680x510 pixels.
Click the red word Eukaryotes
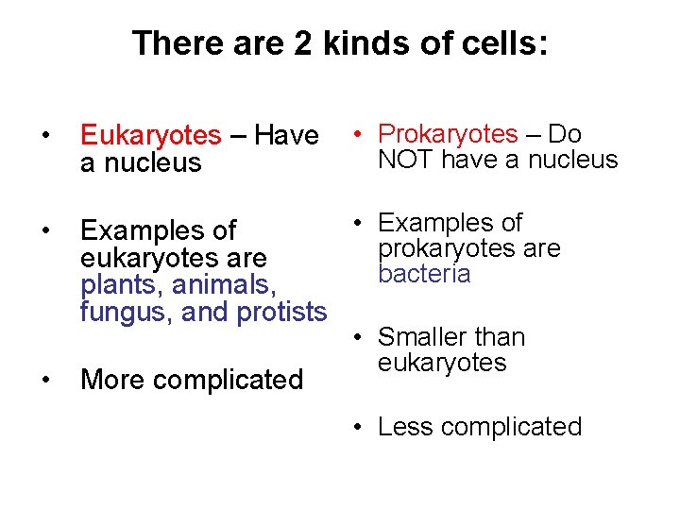(x=150, y=137)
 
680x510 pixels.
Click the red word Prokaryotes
(x=447, y=135)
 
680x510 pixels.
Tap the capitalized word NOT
(x=405, y=160)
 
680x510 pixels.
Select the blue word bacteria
(x=423, y=274)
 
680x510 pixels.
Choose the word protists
(x=280, y=311)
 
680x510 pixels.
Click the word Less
(x=405, y=427)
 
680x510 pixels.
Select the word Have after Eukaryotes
(x=286, y=137)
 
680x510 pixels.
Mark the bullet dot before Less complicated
(x=360, y=427)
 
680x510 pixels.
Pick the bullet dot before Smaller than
(x=360, y=337)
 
